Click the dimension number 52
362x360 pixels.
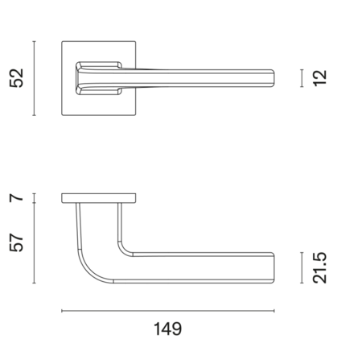coord(16,78)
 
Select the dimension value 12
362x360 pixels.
coord(320,78)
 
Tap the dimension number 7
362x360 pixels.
coord(16,198)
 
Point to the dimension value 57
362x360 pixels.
coord(16,242)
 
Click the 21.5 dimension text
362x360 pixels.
coord(320,267)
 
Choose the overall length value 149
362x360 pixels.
coord(168,329)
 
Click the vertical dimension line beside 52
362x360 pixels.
coord(34,78)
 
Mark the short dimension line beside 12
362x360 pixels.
coord(302,78)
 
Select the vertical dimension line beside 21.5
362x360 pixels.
coord(302,267)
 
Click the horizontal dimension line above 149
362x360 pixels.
coord(168,311)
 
